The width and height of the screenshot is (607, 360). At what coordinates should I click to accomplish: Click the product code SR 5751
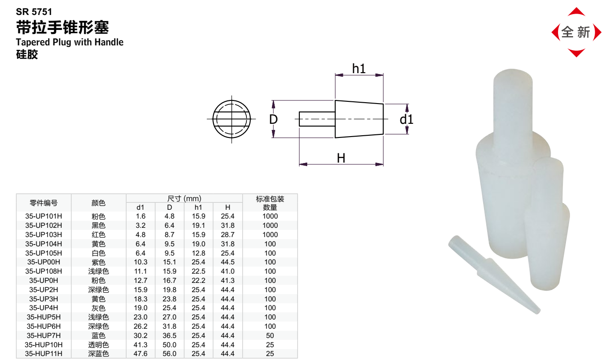click(x=34, y=12)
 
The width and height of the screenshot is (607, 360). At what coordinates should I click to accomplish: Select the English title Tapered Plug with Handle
click(x=70, y=42)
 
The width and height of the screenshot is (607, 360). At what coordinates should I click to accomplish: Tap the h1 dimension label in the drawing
click(x=359, y=69)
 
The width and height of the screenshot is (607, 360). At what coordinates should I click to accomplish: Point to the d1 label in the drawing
click(x=406, y=119)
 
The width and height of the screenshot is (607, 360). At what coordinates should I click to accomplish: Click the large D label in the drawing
click(x=273, y=119)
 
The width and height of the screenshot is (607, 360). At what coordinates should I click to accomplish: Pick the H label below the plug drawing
click(x=341, y=158)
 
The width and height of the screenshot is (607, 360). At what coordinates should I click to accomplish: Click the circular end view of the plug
click(x=231, y=119)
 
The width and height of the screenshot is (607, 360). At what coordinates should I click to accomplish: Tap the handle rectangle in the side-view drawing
click(x=317, y=119)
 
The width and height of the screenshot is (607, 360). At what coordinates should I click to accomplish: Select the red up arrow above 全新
click(x=576, y=12)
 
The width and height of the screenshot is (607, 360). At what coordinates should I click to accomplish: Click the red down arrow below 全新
click(x=576, y=53)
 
